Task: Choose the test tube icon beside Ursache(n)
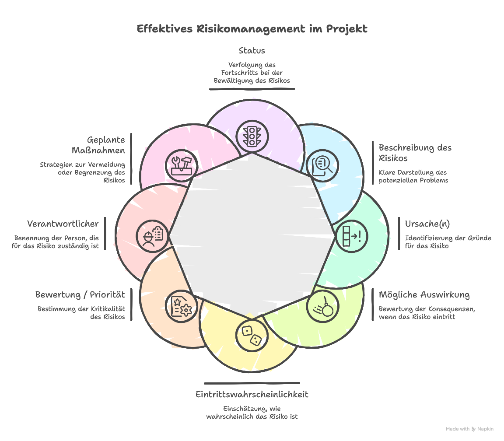coord(351,236)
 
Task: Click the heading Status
coord(252,51)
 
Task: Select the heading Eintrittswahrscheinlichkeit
coord(252,394)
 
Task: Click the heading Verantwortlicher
coord(63,224)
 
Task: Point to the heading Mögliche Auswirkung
coord(424,294)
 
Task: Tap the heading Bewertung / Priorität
coord(80,294)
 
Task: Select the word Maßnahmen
coord(98,150)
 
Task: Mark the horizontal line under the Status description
coord(252,89)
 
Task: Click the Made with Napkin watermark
coord(469,429)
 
